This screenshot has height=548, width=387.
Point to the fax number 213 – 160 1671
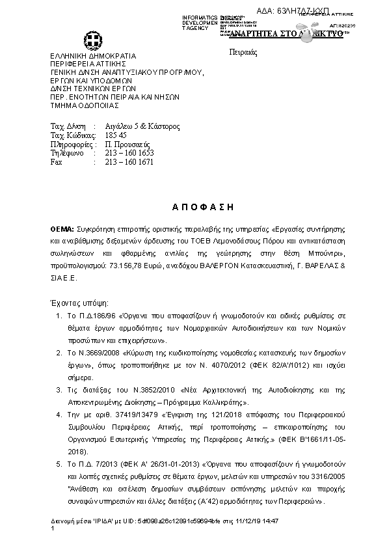tap(129, 162)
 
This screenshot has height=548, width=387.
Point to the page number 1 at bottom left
tap(52, 528)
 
